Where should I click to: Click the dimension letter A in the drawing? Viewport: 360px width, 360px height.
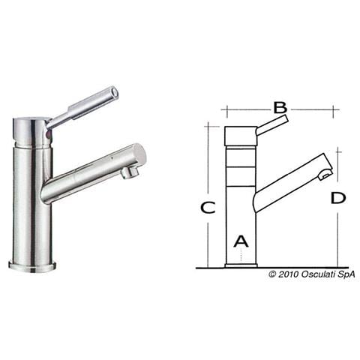coord(241,241)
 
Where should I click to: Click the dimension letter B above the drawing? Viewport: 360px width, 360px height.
coord(280,108)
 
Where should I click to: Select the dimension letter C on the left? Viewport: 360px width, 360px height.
coord(208,207)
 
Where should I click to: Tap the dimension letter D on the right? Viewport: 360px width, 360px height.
coord(338,198)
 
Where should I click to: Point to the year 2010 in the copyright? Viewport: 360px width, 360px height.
coord(288,274)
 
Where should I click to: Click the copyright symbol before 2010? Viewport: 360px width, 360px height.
coord(272,274)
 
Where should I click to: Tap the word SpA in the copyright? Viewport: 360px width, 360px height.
coord(346,274)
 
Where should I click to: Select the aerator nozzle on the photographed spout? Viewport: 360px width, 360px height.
coord(129,172)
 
